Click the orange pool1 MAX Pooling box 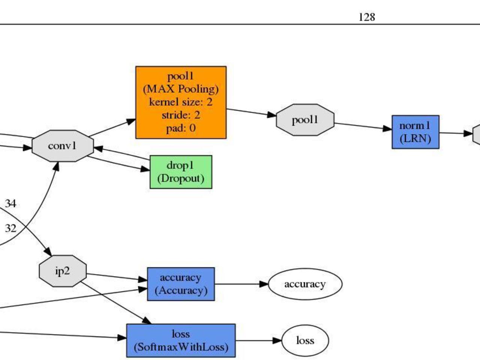point(181,102)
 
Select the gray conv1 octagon point(63,146)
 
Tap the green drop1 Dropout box point(181,172)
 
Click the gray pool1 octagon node point(305,120)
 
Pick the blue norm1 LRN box point(415,132)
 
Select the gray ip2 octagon point(63,271)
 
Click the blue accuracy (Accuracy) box point(181,284)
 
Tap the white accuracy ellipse point(305,284)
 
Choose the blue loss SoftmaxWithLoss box point(181,340)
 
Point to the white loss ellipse point(305,340)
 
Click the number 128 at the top point(367,17)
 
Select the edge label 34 point(10,204)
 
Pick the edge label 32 point(10,228)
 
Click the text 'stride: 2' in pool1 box point(181,115)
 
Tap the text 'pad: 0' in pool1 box point(181,128)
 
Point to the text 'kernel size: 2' point(181,102)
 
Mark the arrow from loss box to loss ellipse point(258,340)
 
